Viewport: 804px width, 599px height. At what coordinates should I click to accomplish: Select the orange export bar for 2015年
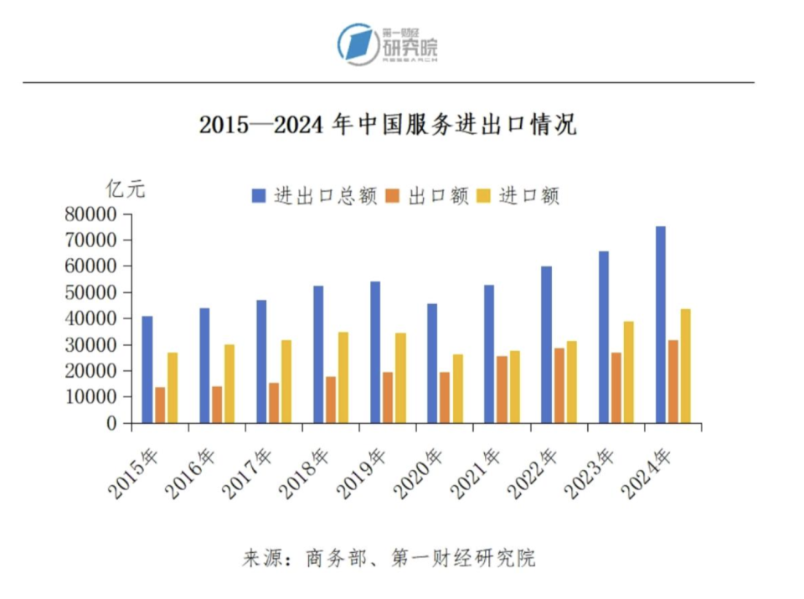coord(160,405)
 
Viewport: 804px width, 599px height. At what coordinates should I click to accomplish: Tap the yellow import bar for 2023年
coord(629,372)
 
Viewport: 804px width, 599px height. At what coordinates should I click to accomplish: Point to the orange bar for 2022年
coord(559,385)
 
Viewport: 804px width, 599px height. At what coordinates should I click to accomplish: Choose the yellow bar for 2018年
coord(343,377)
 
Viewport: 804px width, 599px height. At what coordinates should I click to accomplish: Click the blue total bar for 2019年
coord(375,352)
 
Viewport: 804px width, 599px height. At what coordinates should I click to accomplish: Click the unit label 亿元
coord(126,189)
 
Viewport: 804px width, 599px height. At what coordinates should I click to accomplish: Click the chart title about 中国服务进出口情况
coord(388,126)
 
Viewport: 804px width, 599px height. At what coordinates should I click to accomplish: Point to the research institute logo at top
coord(388,44)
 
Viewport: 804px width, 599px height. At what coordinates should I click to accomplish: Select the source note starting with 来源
coord(389,558)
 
